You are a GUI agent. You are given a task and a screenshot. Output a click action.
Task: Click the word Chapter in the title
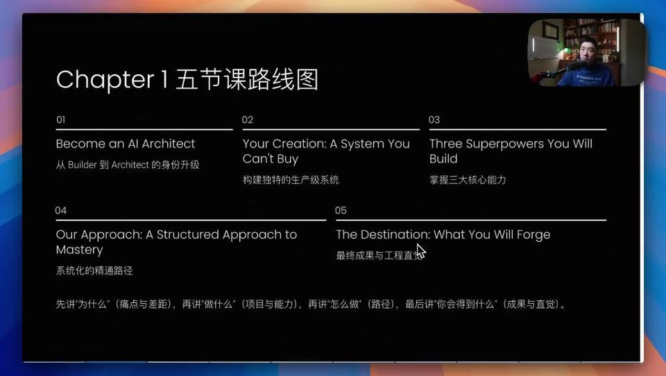pyautogui.click(x=105, y=80)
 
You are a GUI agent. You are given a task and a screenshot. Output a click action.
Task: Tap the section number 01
pyautogui.click(x=61, y=120)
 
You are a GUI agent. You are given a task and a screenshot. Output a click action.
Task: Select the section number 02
pyautogui.click(x=248, y=120)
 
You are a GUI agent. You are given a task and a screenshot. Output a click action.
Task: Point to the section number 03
pyautogui.click(x=434, y=120)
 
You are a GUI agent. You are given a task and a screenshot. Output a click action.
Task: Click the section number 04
pyautogui.click(x=61, y=211)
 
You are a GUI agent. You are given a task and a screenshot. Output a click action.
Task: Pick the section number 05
pyautogui.click(x=341, y=211)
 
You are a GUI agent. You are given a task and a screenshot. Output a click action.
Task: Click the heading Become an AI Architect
pyautogui.click(x=126, y=144)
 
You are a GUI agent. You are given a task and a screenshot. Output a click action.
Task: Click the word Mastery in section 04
pyautogui.click(x=79, y=250)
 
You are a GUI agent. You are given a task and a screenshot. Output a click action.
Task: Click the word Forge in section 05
pyautogui.click(x=533, y=235)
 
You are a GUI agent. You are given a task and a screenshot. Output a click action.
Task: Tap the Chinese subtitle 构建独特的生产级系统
pyautogui.click(x=291, y=180)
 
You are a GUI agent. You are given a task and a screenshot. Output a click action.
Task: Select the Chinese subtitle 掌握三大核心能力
pyautogui.click(x=468, y=180)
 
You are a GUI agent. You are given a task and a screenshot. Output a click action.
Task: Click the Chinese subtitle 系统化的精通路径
pyautogui.click(x=94, y=271)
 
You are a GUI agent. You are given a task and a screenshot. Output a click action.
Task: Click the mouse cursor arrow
pyautogui.click(x=421, y=252)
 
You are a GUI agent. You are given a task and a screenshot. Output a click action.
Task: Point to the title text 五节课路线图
pyautogui.click(x=247, y=80)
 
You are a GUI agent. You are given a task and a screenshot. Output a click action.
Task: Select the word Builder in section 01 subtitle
pyautogui.click(x=83, y=165)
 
